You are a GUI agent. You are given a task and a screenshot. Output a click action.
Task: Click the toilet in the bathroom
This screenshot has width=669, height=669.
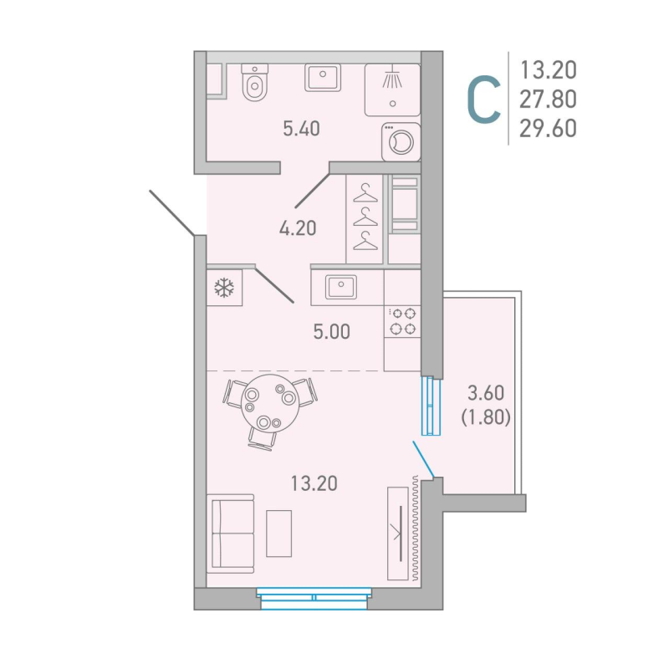coord(253,84)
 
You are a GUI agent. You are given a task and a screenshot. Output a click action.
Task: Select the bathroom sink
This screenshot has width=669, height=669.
coord(323,78)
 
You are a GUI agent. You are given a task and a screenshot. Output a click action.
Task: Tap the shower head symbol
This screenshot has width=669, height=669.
coord(392,79)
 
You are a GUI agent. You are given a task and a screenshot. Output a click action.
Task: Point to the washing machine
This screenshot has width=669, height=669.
coord(399,141)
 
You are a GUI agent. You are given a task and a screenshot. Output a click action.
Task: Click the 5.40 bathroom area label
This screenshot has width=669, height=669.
coord(302,129)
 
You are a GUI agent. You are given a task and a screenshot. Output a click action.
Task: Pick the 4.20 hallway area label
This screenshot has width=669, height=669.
coord(297,227)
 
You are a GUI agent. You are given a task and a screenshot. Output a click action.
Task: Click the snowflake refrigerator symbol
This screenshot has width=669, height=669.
coord(224,289)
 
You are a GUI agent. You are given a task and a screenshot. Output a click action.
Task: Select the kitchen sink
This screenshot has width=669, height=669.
coord(341,286)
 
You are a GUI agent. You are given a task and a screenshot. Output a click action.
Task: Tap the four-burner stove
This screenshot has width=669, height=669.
coord(403,321)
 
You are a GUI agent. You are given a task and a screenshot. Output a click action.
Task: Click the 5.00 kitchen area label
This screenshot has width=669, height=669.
coord(330,332)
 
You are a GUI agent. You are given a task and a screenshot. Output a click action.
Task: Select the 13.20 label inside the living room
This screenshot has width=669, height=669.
coord(314,483)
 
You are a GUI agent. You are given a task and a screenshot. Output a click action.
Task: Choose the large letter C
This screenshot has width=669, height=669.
coord(483,100)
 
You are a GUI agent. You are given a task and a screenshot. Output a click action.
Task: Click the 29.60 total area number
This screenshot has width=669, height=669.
coord(548,127)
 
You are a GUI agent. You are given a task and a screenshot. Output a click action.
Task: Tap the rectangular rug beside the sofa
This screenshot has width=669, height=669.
coord(278,533)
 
